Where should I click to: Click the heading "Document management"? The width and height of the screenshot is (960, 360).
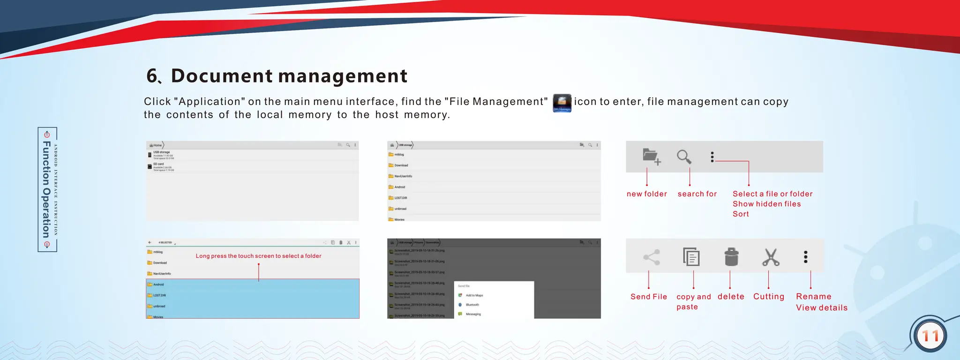289,76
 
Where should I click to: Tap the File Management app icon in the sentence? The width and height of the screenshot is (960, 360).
562,103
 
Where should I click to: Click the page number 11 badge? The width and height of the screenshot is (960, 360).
930,336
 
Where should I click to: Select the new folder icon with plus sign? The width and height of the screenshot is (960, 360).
651,157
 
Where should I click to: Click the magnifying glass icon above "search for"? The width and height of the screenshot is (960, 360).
684,157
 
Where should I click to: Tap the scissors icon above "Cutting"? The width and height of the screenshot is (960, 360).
770,257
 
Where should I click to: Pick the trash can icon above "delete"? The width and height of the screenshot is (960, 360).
731,257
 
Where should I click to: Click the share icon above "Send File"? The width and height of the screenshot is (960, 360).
652,257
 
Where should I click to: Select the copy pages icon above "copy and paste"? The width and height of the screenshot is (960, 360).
691,257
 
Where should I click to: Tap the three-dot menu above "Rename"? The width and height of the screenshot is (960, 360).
806,257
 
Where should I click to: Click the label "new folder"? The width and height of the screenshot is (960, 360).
646,194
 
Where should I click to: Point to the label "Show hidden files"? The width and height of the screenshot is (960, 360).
766,204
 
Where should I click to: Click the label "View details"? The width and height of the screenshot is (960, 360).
821,308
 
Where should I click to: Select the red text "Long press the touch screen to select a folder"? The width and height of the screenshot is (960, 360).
258,256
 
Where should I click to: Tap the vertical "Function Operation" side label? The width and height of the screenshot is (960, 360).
47,189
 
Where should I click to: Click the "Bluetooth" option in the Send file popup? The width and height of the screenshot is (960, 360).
472,305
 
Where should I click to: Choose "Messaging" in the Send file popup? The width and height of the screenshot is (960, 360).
473,314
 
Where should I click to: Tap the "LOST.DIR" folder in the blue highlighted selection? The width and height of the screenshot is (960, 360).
159,295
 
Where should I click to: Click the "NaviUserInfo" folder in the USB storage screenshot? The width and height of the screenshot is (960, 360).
403,176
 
